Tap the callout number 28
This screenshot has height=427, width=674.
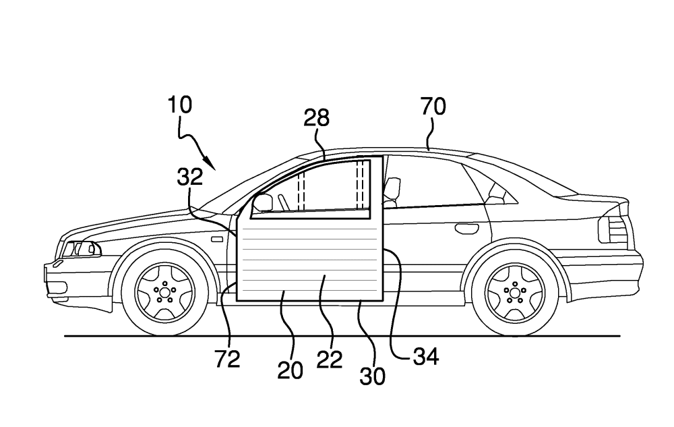pyautogui.click(x=316, y=118)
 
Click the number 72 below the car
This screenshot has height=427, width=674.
pyautogui.click(x=228, y=360)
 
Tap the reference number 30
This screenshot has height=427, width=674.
pyautogui.click(x=372, y=375)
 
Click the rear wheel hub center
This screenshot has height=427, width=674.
pyautogui.click(x=516, y=291)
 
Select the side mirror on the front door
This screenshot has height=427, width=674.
pyautogui.click(x=262, y=202)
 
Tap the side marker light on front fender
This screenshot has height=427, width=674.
pyautogui.click(x=217, y=238)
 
